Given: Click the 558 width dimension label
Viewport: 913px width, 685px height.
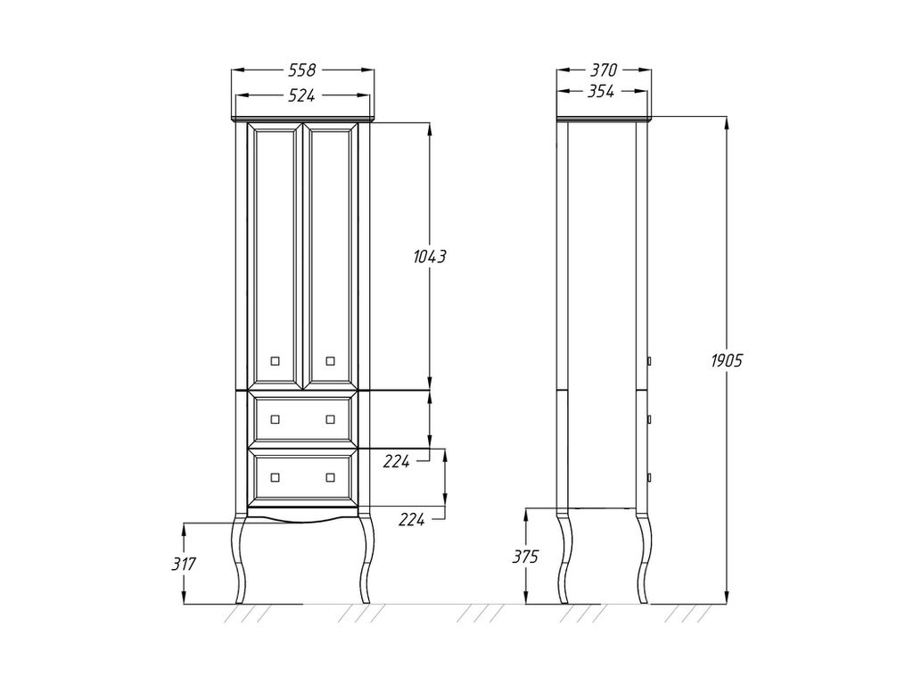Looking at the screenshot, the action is coord(302,70).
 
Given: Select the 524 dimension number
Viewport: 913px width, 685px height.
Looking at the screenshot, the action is coord(302,95).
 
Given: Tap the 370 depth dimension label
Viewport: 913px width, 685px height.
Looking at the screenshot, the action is coord(604,70).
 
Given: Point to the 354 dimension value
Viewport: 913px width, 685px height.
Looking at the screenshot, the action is coord(600,92).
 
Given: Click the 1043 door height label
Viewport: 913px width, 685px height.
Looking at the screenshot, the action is coord(430,256).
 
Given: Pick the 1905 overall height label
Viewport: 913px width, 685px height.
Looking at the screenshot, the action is coord(727,361).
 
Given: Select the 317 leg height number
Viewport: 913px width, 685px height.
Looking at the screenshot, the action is coord(184,564).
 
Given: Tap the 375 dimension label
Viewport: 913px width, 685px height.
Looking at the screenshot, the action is coord(525,557).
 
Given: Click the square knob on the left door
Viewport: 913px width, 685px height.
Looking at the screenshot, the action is coord(276,361).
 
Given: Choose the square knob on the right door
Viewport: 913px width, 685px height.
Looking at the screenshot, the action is coord(330,361).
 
